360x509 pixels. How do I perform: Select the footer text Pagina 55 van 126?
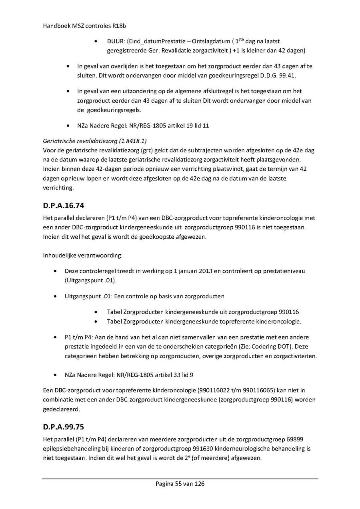[x=180, y=484]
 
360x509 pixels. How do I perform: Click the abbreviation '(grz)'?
[x=142, y=151]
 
